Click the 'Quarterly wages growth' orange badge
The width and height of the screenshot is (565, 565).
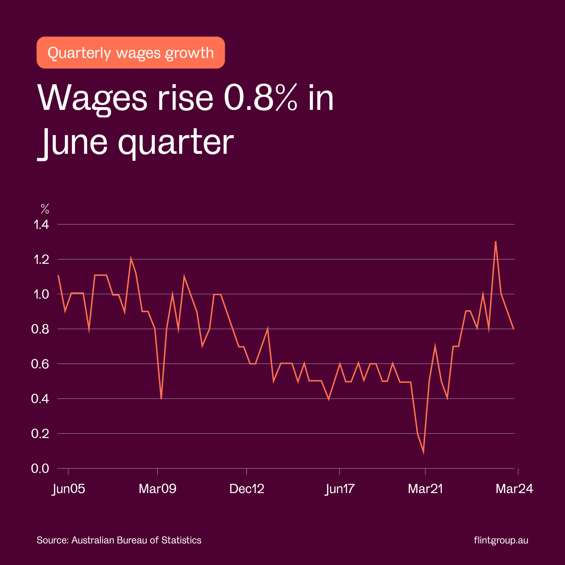click(x=130, y=53)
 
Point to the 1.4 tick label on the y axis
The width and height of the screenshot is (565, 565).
click(x=41, y=225)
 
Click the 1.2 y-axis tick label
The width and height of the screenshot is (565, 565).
click(x=41, y=259)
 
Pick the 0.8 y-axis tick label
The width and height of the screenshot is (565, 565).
click(x=40, y=329)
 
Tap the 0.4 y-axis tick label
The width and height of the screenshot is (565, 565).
click(x=40, y=399)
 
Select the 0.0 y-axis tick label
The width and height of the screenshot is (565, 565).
click(x=40, y=469)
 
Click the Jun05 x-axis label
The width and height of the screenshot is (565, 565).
click(x=69, y=489)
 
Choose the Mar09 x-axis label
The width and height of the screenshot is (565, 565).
click(x=158, y=489)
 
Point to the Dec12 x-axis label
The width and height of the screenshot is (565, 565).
click(x=247, y=489)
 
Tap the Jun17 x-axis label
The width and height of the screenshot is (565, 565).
click(x=340, y=489)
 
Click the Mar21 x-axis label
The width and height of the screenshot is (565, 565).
click(x=425, y=489)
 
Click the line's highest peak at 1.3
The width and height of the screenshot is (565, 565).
click(x=496, y=242)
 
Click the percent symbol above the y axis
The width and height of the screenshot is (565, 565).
click(x=45, y=209)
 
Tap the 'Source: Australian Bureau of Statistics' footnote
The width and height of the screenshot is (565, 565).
click(x=119, y=540)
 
